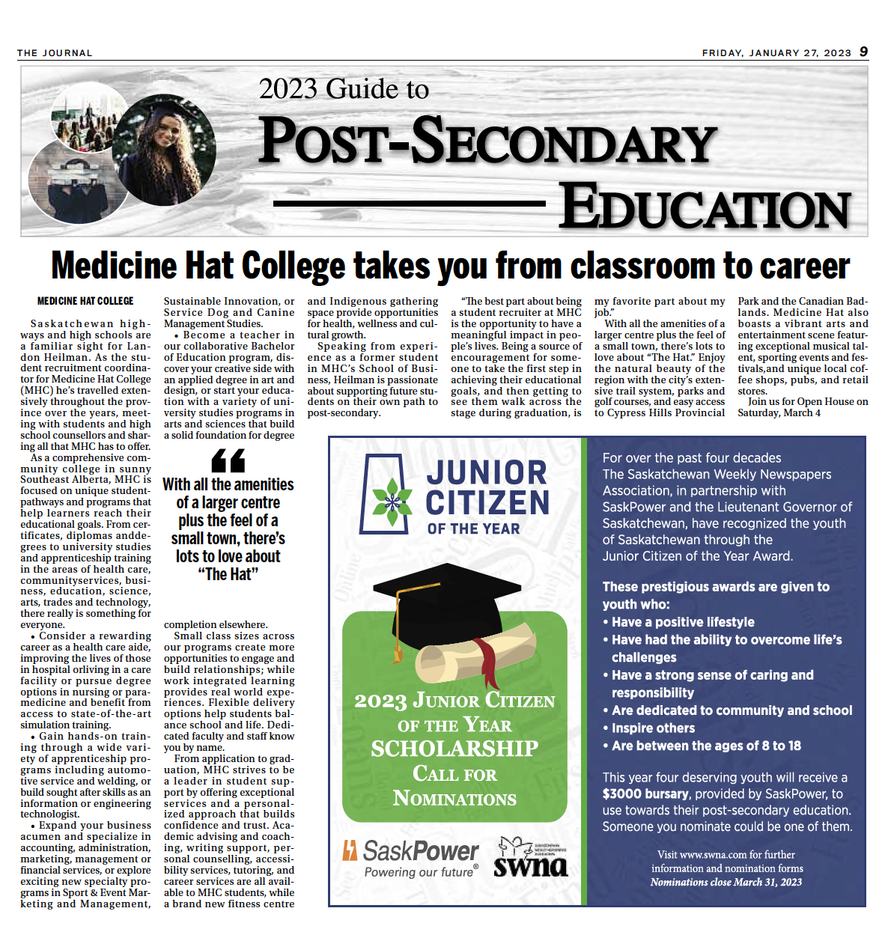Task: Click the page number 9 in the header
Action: click(x=863, y=52)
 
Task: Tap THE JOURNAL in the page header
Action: click(x=55, y=53)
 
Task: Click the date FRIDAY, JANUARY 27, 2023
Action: click(x=776, y=53)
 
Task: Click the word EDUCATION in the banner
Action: click(x=705, y=207)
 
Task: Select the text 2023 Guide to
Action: click(x=344, y=89)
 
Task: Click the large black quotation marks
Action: click(x=228, y=460)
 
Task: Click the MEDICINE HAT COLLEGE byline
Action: click(x=85, y=301)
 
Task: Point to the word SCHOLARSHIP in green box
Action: click(x=454, y=748)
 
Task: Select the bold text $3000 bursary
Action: click(x=645, y=794)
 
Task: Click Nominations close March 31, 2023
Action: click(x=726, y=882)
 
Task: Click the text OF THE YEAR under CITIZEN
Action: click(x=473, y=529)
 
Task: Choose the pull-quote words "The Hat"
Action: click(x=228, y=574)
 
